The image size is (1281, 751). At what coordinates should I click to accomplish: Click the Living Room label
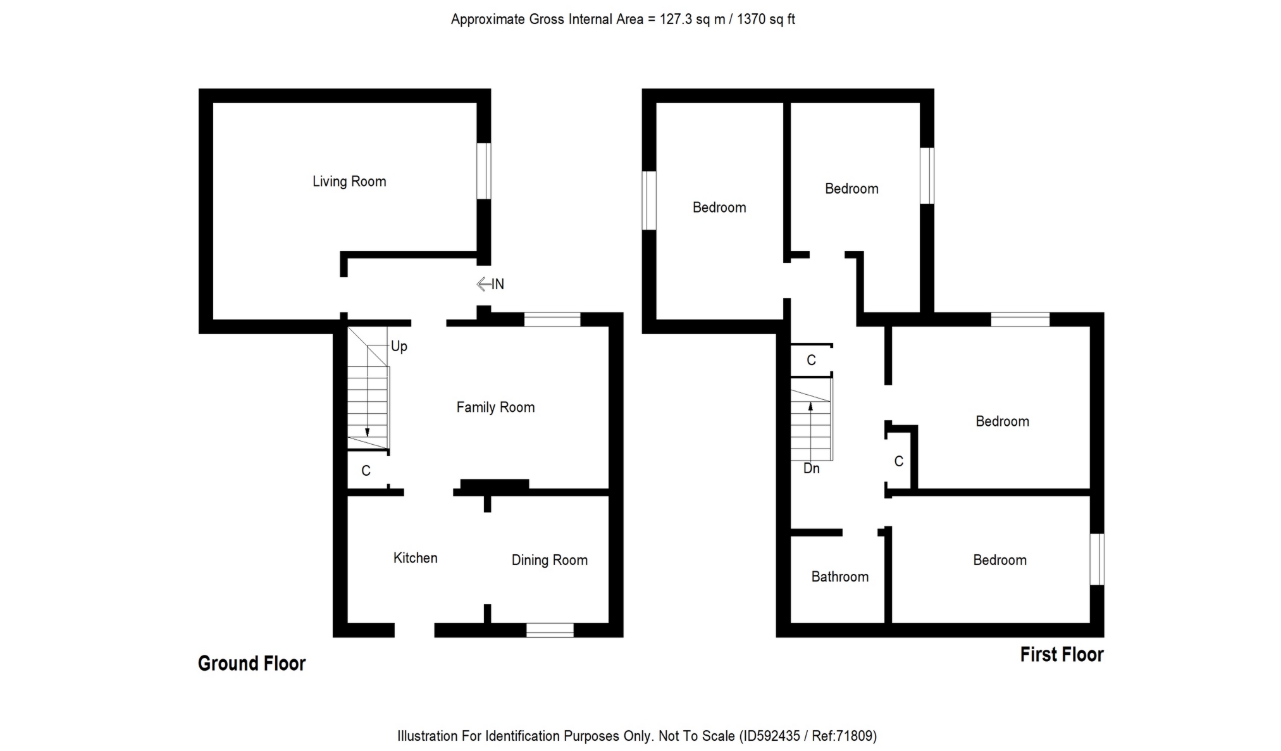tap(349, 182)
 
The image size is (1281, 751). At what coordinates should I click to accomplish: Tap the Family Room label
tap(495, 407)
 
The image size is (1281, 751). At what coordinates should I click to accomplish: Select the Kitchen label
tap(415, 558)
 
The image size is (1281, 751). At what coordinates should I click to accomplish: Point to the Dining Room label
tap(549, 560)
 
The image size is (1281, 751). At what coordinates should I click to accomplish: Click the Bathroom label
tap(839, 577)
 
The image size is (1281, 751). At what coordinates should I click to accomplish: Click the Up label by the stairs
tap(399, 346)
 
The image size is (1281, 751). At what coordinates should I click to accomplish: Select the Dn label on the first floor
tap(811, 469)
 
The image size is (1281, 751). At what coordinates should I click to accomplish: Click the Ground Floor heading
tap(252, 663)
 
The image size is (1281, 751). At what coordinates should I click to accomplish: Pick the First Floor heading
tap(1061, 654)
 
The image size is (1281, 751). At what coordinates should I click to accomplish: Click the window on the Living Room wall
tap(483, 171)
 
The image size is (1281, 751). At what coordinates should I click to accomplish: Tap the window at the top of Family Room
tap(552, 320)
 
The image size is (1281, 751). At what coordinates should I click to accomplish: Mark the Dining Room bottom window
tap(550, 630)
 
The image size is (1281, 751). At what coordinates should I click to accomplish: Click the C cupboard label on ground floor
tap(366, 471)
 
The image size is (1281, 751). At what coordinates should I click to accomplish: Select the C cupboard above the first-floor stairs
tap(811, 361)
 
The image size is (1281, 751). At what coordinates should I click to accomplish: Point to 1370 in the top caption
tap(751, 20)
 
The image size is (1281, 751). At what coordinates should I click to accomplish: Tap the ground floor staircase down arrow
tap(368, 432)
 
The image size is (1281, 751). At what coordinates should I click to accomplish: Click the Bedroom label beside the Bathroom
tap(999, 560)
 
